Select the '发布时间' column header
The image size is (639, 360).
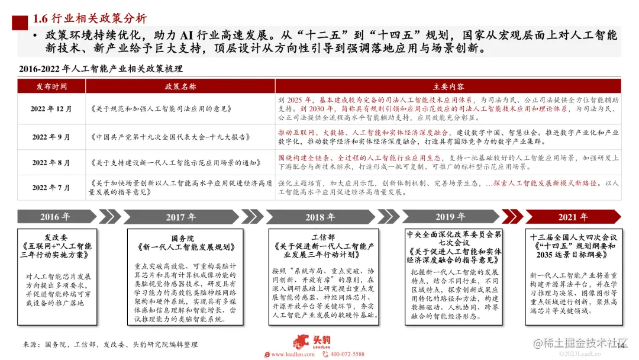(x=51, y=86)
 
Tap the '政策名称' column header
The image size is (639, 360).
(x=180, y=86)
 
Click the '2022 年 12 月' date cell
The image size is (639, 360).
(x=51, y=109)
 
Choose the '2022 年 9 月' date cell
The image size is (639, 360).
(x=51, y=137)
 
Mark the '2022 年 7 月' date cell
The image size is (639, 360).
(x=51, y=187)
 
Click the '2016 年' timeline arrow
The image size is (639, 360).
(x=55, y=217)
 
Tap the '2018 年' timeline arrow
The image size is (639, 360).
(x=320, y=217)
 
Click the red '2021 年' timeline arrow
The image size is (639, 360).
(x=573, y=217)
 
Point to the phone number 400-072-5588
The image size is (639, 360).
(x=347, y=354)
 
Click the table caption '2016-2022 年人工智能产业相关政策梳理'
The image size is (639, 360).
(x=101, y=69)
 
